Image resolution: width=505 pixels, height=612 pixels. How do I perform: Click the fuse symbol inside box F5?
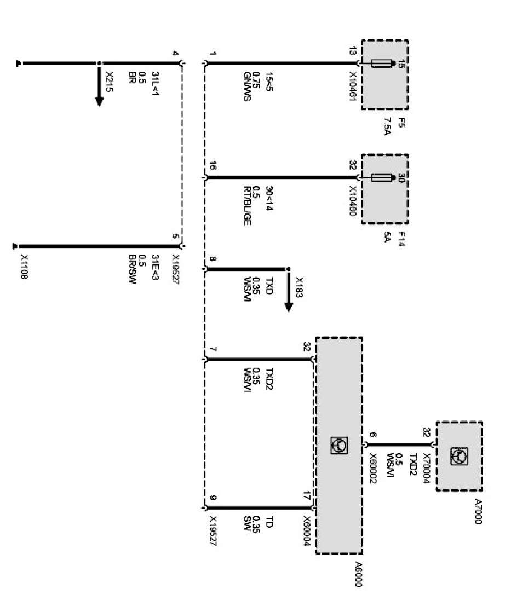382,63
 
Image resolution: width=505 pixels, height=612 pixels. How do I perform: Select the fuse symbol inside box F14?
382,177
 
